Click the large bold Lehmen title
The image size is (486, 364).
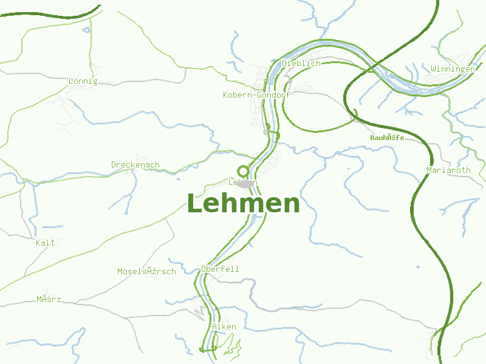pyautogui.click(x=243, y=204)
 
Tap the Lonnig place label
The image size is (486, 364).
pyautogui.click(x=83, y=81)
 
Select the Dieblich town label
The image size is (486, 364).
pyautogui.click(x=301, y=63)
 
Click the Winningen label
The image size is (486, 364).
pyautogui.click(x=453, y=69)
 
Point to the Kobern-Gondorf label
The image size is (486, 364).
pyautogui.click(x=257, y=95)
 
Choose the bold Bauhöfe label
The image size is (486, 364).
pyautogui.click(x=387, y=138)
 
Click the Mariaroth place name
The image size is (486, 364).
pyautogui.click(x=448, y=170)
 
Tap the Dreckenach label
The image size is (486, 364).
pyautogui.click(x=135, y=164)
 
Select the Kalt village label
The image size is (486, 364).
pyautogui.click(x=46, y=243)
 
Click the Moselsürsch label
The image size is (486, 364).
pyautogui.click(x=146, y=271)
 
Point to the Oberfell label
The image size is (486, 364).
pyautogui.click(x=220, y=269)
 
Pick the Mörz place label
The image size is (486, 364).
pyautogui.click(x=49, y=299)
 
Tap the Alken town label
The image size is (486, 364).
pyautogui.click(x=224, y=326)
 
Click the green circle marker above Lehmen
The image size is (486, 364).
pyautogui.click(x=243, y=171)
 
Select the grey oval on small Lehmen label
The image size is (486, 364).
pyautogui.click(x=245, y=183)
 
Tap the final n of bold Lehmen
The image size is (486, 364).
pyautogui.click(x=291, y=205)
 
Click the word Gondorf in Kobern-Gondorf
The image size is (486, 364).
pyautogui.click(x=274, y=95)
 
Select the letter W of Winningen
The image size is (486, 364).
pyautogui.click(x=433, y=69)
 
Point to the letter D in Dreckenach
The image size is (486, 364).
pyautogui.click(x=114, y=164)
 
